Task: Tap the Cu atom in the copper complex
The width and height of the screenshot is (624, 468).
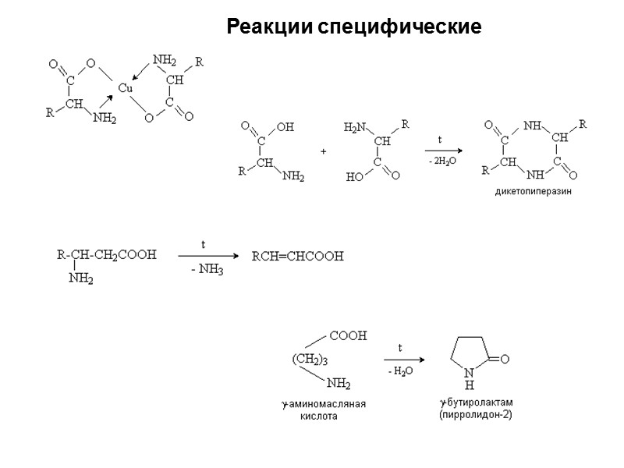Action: (x=125, y=88)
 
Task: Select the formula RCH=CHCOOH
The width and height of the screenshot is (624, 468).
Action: (x=296, y=256)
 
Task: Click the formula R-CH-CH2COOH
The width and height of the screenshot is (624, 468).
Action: (x=107, y=254)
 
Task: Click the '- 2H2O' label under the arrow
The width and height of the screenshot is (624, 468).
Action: (x=441, y=161)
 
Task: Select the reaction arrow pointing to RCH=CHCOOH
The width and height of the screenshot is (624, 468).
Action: (x=207, y=255)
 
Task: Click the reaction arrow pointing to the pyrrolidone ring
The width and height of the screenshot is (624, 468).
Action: (x=404, y=360)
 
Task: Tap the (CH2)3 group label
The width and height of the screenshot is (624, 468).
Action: (x=310, y=360)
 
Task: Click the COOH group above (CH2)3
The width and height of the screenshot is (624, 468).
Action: (x=348, y=336)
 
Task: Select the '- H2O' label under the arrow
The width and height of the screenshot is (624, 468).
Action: (x=401, y=373)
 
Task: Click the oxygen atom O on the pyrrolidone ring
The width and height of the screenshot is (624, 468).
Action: (x=505, y=360)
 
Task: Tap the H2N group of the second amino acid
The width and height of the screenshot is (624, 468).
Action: (x=355, y=128)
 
